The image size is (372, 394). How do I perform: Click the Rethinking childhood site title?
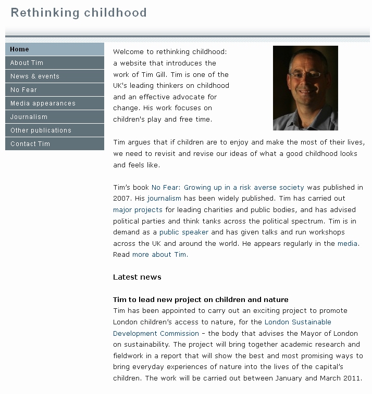click(x=79, y=12)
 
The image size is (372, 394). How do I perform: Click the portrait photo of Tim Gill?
click(x=305, y=88)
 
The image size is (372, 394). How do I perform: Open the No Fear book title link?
click(x=228, y=187)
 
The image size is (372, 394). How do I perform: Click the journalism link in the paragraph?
click(x=164, y=198)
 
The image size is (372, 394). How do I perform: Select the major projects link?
click(x=138, y=209)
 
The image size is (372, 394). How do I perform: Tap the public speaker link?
click(x=184, y=232)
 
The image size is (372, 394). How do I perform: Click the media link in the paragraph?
click(x=348, y=243)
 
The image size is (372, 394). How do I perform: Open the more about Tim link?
click(x=159, y=255)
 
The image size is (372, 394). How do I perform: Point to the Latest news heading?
click(x=137, y=277)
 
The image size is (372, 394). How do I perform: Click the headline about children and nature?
click(x=201, y=299)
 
